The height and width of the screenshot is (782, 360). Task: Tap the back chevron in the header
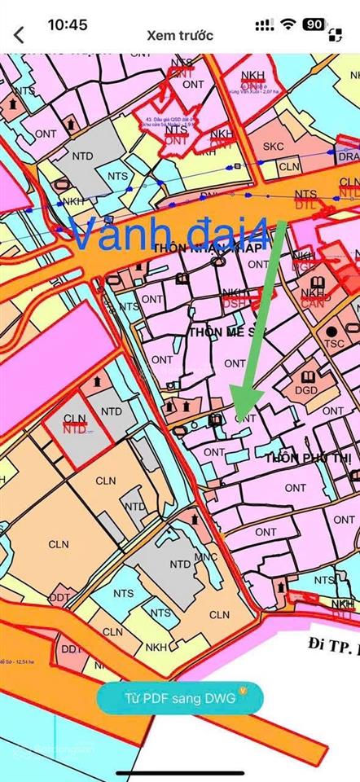click(19, 36)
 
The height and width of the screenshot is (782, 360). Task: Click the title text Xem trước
click(180, 36)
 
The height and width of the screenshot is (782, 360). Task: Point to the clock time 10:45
click(68, 24)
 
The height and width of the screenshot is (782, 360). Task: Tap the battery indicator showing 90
click(314, 24)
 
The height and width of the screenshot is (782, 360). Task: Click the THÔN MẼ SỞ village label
click(217, 332)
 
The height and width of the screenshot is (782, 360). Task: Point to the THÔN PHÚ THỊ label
click(308, 459)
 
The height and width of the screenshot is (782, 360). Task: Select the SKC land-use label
click(274, 147)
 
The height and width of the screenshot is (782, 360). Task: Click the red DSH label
click(235, 303)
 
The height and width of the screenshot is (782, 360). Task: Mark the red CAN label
click(312, 303)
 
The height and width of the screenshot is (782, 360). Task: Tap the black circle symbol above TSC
click(332, 331)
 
